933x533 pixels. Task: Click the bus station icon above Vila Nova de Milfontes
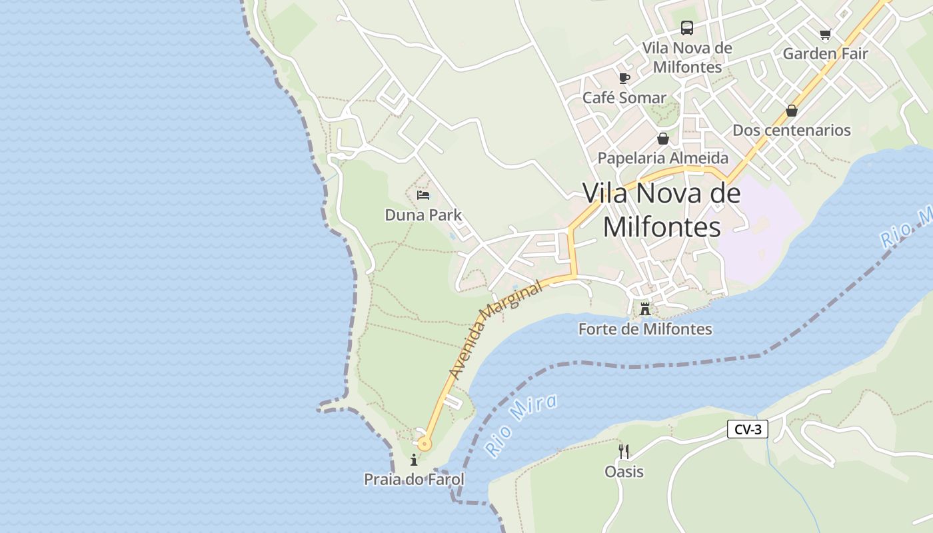[x=687, y=28]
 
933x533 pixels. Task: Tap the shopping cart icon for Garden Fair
[x=826, y=34]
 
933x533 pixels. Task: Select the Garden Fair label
[x=826, y=54]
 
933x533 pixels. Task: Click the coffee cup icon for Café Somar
[x=624, y=78]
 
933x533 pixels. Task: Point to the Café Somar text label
[x=624, y=98]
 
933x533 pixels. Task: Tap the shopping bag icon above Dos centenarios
[x=792, y=111]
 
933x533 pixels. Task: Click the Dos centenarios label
[x=792, y=131]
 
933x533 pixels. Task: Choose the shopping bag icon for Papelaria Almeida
[x=663, y=139]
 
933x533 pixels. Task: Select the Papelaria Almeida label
[x=663, y=159]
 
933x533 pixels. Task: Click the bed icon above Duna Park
[x=423, y=195]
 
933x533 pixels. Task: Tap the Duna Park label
[x=423, y=215]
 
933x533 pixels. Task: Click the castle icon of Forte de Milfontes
[x=644, y=309]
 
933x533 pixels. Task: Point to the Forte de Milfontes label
[x=644, y=329]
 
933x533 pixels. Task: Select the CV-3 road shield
[x=747, y=430]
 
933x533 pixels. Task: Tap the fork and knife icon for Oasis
[x=624, y=452]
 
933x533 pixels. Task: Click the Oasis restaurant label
[x=624, y=472]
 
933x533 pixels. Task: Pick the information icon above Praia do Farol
[x=414, y=460]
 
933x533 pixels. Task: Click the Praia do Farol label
[x=414, y=480]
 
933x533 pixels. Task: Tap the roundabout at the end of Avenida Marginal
[x=425, y=444]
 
